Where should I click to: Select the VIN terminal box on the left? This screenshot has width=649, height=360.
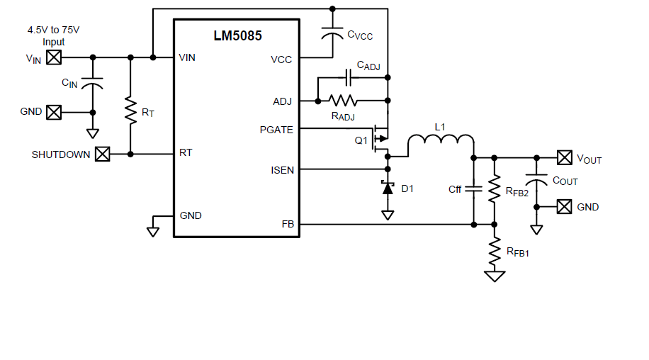[x=54, y=57]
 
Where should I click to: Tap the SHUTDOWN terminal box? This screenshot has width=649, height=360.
[x=103, y=154]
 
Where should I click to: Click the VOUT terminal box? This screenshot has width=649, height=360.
[x=564, y=157]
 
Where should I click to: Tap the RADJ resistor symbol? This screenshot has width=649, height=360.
[x=343, y=101]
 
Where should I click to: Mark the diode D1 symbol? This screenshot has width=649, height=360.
[x=388, y=189]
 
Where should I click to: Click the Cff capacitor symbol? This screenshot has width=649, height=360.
[x=474, y=189]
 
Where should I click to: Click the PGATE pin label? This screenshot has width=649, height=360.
[x=276, y=129]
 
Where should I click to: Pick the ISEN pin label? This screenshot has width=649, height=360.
[x=282, y=170]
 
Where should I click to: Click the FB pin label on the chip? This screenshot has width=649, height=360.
[x=286, y=224]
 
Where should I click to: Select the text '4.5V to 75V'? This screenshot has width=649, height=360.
[x=53, y=30]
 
